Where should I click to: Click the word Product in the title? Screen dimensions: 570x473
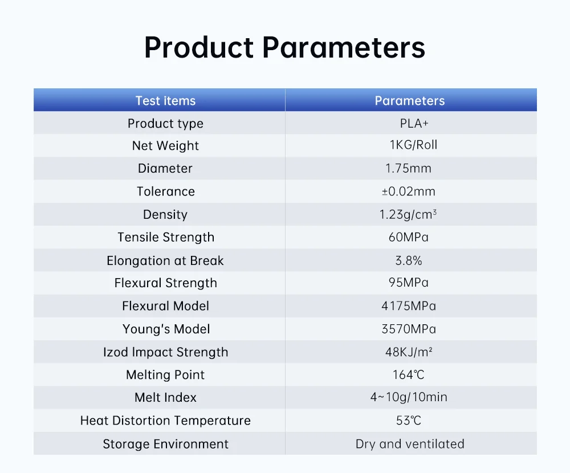199,47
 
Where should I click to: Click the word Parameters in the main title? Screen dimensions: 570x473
344,47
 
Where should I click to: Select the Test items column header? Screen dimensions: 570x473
165,101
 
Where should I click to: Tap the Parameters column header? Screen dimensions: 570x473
410,101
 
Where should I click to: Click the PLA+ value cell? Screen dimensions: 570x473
414,124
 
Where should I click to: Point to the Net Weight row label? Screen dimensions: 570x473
165,146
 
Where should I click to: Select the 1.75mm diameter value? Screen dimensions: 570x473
408,168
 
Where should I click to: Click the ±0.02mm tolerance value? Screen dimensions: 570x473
408,191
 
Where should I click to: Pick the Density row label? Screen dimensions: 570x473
165,214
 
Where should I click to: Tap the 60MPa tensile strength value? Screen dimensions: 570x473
408,237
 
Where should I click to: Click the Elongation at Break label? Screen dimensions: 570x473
165,260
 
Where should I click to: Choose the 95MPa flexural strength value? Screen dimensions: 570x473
408,283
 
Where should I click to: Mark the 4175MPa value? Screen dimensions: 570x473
409,306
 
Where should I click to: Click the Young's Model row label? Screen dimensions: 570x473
166,329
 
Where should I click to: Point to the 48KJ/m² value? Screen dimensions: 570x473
409,352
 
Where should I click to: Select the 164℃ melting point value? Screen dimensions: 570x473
408,375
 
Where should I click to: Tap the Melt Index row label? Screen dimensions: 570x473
165,397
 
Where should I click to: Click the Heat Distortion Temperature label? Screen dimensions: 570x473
165,421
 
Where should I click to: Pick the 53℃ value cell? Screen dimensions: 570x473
408,421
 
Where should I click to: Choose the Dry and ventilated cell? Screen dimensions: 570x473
410,444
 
